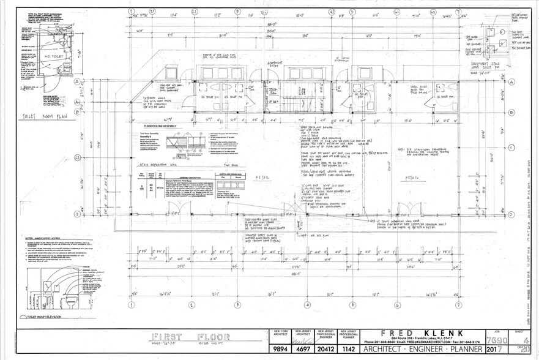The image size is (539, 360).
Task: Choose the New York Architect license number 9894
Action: [281, 350]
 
